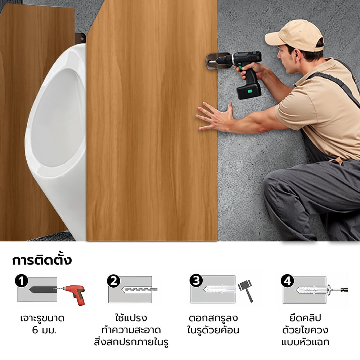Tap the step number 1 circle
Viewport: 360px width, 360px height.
point(22,281)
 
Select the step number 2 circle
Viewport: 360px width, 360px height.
point(114,281)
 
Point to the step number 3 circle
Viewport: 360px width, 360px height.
point(196,280)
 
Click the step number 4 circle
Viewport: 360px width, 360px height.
point(287,281)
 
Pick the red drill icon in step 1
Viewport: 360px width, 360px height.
point(75,293)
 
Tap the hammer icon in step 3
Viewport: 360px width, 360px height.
point(246,290)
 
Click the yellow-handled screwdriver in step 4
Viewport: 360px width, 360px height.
point(339,290)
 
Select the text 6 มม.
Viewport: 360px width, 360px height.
point(44,330)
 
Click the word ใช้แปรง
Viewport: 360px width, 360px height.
point(131,318)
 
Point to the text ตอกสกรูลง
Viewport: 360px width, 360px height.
point(213,318)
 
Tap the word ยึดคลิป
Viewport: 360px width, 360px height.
point(305,318)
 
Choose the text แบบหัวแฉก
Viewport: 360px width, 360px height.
point(305,342)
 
